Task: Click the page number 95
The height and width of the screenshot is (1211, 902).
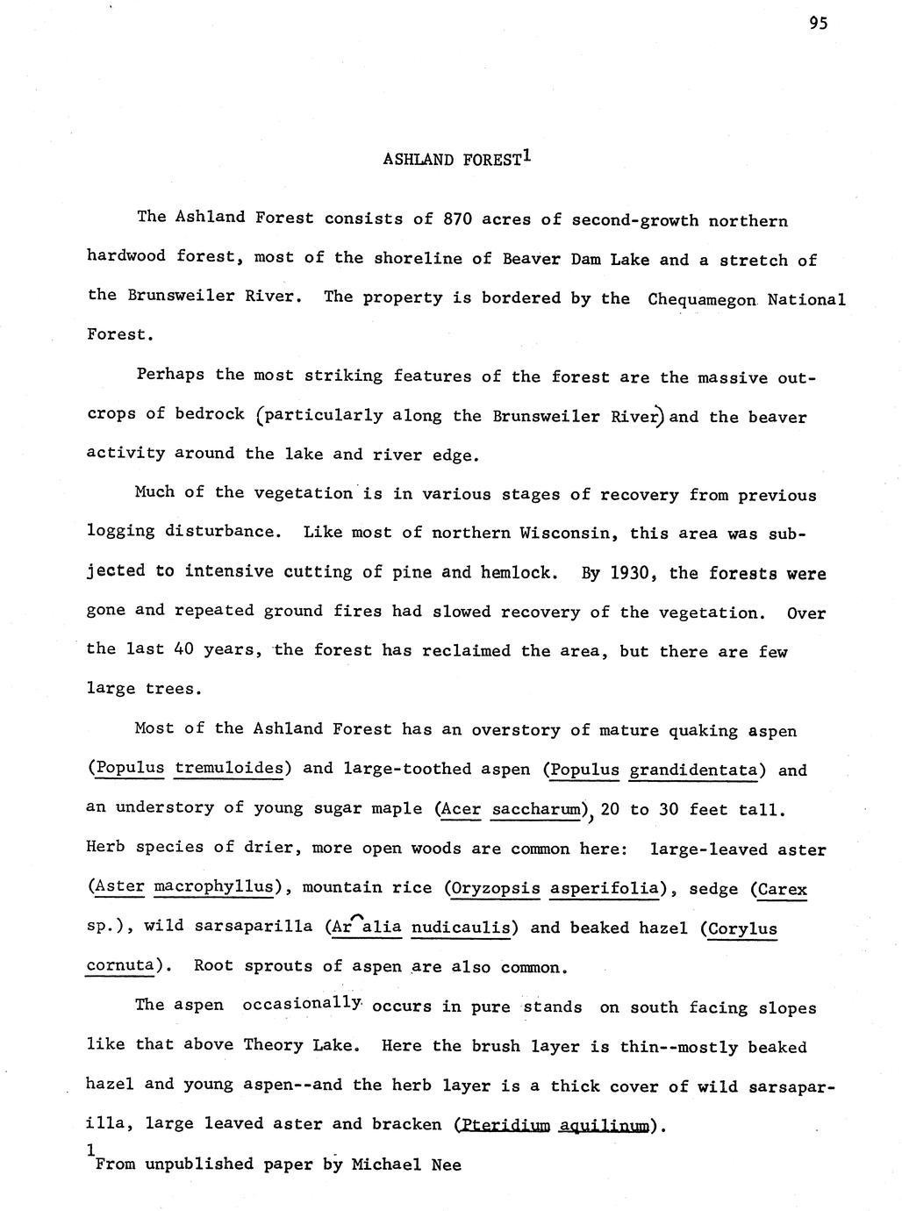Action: [818, 24]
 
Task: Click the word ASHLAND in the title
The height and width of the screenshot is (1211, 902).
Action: [419, 160]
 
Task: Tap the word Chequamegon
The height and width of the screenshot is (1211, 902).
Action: [702, 299]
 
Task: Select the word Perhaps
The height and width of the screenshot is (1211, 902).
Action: [171, 375]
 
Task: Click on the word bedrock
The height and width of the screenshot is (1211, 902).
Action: [210, 414]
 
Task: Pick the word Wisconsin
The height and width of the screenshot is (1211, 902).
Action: [561, 533]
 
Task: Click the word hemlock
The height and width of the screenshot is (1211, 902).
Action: [518, 573]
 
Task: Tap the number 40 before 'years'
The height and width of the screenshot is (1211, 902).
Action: [183, 650]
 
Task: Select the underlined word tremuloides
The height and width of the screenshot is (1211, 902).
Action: [229, 769]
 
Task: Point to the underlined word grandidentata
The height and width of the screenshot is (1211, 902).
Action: [694, 770]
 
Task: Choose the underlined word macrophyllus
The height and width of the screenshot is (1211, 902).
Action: [214, 887]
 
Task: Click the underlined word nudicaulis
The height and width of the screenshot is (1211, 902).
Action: [461, 928]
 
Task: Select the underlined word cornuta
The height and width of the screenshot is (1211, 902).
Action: [122, 965]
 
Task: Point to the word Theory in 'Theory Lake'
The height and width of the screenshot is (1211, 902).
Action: [272, 1045]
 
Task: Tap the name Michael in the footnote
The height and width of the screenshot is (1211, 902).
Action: [385, 1164]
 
